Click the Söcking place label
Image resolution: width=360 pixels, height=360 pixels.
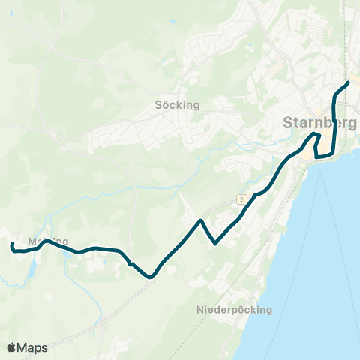tap(178, 105)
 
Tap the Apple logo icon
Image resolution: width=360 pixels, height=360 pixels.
tap(12, 347)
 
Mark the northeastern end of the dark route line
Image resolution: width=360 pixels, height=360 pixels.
tap(349, 82)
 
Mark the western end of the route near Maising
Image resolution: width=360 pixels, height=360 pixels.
tap(12, 244)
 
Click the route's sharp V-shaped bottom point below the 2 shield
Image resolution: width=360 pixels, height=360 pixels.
tap(216, 243)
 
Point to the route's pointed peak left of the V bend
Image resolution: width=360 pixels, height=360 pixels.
tap(201, 220)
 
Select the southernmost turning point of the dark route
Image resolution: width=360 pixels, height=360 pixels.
tap(151, 277)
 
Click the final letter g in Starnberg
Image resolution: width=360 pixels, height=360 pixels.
tap(352, 124)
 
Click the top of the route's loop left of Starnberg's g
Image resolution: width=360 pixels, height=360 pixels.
tap(317, 134)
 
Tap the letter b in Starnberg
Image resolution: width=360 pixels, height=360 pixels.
tap(334, 122)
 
